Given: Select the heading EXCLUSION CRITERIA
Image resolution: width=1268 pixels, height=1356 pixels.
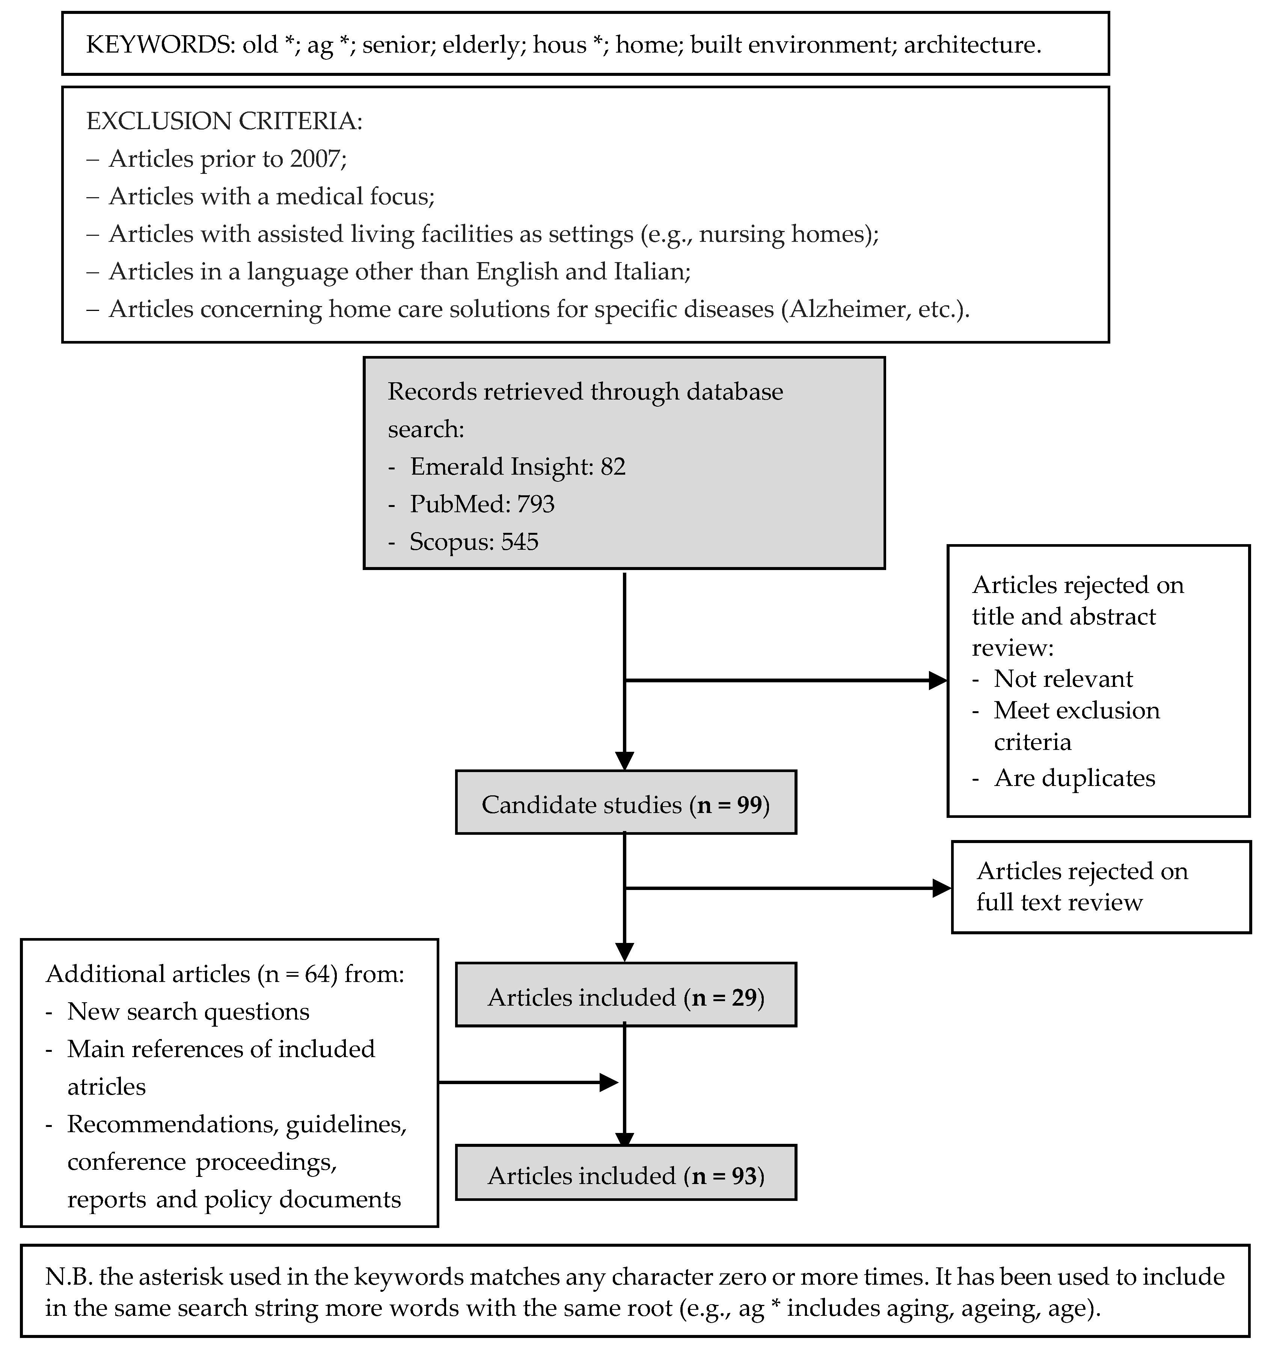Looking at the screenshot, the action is click(x=225, y=121).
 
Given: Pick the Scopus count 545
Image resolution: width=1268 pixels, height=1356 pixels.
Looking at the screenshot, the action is click(x=520, y=541).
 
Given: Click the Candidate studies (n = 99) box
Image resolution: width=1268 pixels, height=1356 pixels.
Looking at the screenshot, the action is click(x=626, y=802).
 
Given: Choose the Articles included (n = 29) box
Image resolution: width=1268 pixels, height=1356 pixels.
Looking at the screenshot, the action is click(x=626, y=994).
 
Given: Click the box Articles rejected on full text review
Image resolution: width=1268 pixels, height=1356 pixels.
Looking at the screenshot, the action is click(x=1101, y=887).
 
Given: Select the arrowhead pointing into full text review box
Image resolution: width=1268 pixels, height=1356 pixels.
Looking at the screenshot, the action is click(x=942, y=888).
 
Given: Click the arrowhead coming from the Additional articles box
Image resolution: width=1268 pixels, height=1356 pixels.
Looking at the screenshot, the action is click(x=608, y=1083).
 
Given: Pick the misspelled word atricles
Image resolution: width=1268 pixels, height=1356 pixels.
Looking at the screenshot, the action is click(x=106, y=1087).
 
